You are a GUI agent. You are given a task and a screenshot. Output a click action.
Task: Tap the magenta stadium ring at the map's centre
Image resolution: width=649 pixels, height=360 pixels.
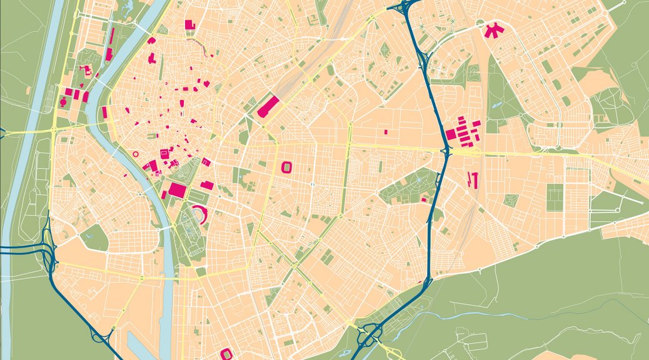click(287, 167)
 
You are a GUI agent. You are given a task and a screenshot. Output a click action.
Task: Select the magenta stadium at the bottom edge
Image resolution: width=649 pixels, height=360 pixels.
click(226, 354)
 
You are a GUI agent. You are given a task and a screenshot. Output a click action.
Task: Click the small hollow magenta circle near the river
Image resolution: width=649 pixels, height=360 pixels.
click(135, 153)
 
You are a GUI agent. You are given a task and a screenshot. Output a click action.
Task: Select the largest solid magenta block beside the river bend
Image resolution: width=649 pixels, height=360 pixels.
click(177, 190)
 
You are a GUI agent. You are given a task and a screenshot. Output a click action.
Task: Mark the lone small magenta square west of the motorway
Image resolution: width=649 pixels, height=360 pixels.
click(386, 132)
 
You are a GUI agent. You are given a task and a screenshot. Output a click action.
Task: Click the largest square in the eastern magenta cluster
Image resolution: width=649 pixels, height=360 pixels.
click(451, 134)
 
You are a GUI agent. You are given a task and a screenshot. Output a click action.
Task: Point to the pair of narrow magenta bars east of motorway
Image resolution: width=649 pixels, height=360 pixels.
click(473, 179)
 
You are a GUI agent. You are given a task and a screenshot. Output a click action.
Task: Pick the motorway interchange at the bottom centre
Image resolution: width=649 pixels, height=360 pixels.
click(369, 337)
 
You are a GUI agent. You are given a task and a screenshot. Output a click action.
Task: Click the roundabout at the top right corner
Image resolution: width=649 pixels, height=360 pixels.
click(623, 3)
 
